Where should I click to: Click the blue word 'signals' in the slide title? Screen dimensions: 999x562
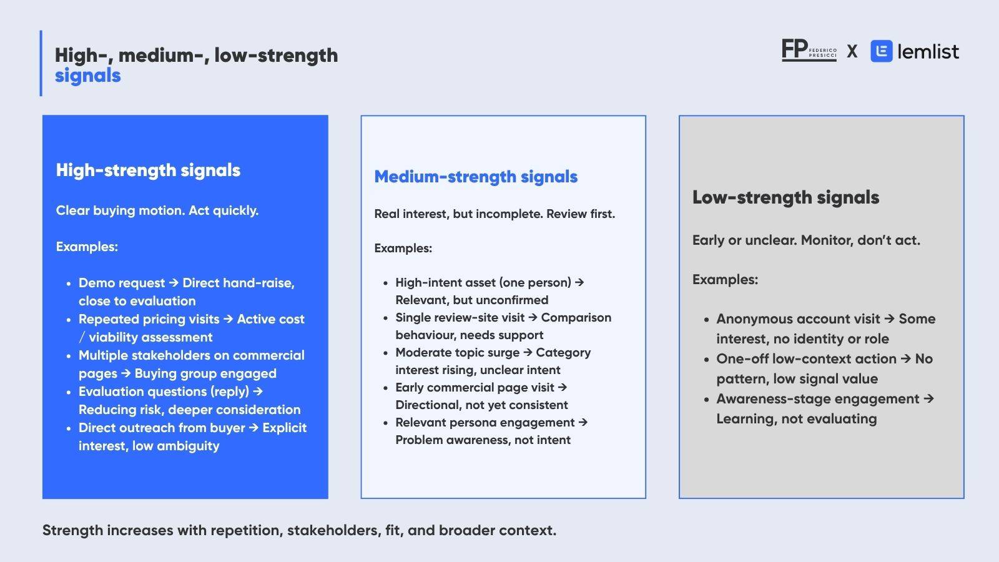pyautogui.click(x=88, y=76)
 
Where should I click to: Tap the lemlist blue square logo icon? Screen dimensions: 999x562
pyautogui.click(x=881, y=51)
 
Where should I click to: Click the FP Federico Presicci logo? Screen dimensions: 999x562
pyautogui.click(x=809, y=50)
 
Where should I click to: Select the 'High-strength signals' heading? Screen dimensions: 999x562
pyautogui.click(x=148, y=170)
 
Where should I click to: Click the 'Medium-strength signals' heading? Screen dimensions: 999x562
pyautogui.click(x=476, y=177)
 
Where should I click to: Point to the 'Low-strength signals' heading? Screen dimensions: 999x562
pyautogui.click(x=786, y=197)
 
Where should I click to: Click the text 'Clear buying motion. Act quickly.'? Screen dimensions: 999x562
pyautogui.click(x=157, y=210)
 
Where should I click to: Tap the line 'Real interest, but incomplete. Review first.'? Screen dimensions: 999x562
pyautogui.click(x=495, y=214)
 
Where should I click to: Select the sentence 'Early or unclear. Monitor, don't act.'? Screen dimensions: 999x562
pyautogui.click(x=806, y=240)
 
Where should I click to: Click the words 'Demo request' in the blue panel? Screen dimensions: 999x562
pyautogui.click(x=122, y=283)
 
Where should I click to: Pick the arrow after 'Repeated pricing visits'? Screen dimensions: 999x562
pyautogui.click(x=229, y=319)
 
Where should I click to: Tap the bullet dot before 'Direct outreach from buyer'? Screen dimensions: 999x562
pyautogui.click(x=68, y=428)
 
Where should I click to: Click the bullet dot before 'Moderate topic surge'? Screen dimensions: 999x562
pyautogui.click(x=386, y=353)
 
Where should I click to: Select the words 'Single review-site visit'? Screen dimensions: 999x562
pyautogui.click(x=460, y=318)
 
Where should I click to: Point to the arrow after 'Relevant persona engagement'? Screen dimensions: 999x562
pyautogui.click(x=583, y=422)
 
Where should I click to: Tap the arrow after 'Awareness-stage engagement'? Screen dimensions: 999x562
pyautogui.click(x=928, y=399)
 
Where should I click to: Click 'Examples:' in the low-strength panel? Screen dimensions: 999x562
pyautogui.click(x=725, y=280)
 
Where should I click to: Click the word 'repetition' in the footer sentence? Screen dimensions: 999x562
pyautogui.click(x=246, y=531)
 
